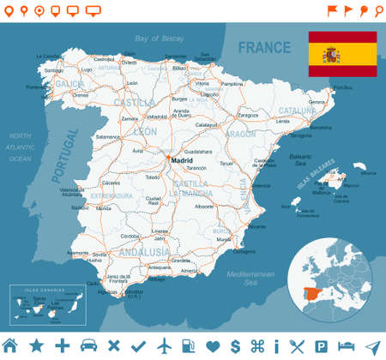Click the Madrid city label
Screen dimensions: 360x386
(182, 160)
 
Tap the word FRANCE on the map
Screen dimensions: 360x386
(266, 47)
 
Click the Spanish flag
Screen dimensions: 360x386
(342, 53)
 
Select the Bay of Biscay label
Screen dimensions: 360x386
(160, 39)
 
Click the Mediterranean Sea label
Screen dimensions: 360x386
(249, 276)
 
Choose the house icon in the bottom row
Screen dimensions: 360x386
(10, 345)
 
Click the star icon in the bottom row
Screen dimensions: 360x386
(36, 345)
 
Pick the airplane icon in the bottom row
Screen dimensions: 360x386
(164, 345)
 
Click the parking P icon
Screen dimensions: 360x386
(322, 345)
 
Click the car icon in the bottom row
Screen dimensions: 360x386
(87, 345)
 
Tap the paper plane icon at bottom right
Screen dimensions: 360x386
(372, 345)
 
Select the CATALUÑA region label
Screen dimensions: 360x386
(298, 110)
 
